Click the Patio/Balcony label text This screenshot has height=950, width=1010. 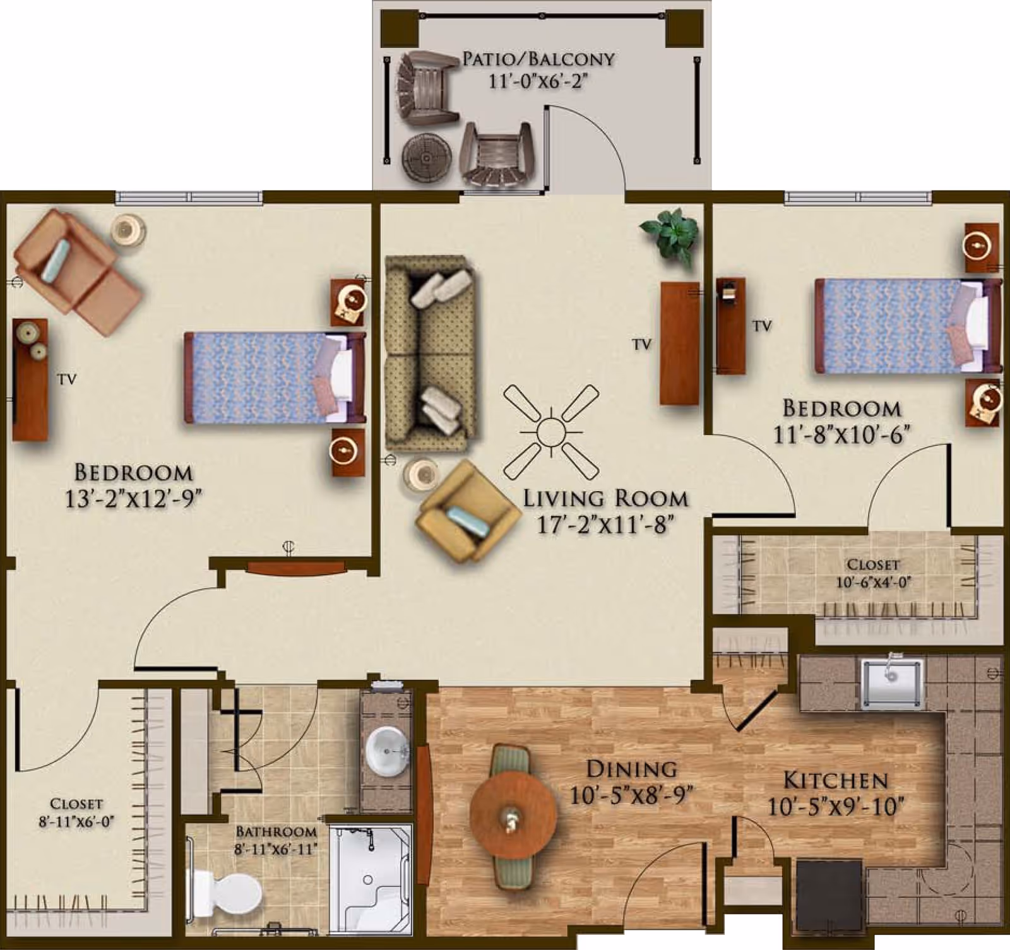click(538, 59)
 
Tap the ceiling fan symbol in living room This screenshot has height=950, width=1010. click(551, 433)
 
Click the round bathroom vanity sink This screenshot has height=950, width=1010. click(386, 751)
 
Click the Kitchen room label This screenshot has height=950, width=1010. click(835, 781)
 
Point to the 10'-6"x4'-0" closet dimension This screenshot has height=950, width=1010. click(874, 582)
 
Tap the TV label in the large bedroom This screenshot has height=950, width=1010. click(67, 379)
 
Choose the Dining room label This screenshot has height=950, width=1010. click(631, 769)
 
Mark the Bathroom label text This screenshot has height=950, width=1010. click(275, 832)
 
